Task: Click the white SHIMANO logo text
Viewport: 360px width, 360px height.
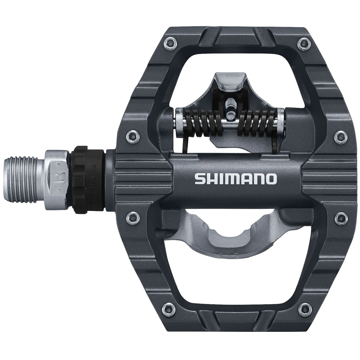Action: click(235, 179)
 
